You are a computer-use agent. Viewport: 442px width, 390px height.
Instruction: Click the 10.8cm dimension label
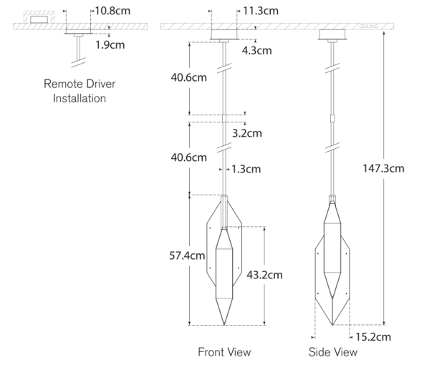pos(112,11)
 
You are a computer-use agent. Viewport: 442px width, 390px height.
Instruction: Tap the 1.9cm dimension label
pos(110,45)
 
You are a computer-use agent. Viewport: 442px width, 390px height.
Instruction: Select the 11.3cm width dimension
pos(261,11)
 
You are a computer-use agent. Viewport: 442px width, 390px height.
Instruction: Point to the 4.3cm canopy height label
pos(256,51)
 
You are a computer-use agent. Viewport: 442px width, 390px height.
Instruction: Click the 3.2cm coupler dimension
pos(247,133)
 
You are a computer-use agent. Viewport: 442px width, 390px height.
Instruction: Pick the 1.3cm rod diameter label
pos(246,169)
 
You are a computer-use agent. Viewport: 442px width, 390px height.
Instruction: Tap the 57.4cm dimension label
pos(187,255)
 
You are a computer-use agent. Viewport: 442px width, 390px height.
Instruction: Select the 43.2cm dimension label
pos(264,275)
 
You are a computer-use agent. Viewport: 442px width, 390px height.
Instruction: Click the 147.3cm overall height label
pos(383,169)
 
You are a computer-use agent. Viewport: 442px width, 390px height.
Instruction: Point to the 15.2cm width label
pos(373,337)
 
